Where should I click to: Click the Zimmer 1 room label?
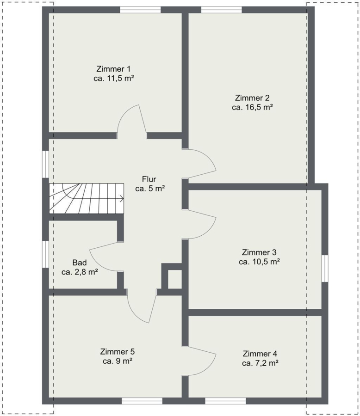[x=113, y=69]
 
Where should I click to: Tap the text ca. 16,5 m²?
[x=252, y=107]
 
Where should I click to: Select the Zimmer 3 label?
[x=259, y=252]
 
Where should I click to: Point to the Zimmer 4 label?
[x=260, y=354]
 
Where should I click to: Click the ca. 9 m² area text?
[x=118, y=361]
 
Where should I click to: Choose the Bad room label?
[x=80, y=263]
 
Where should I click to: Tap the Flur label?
[x=149, y=179]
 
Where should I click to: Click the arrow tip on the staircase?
[x=124, y=198]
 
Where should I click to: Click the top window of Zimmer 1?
[x=140, y=10]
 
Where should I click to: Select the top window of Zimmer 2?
[x=221, y=10]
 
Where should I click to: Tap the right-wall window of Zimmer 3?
[x=325, y=268]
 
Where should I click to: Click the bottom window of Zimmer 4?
[x=225, y=401]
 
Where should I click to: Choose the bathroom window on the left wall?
[x=45, y=254]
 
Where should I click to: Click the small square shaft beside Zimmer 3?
[x=175, y=279]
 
